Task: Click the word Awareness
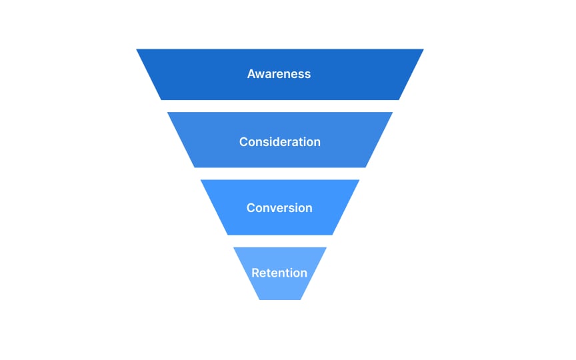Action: [x=279, y=74]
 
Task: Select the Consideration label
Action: [x=279, y=142]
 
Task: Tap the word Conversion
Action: [x=279, y=208]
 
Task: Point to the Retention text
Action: [x=279, y=273]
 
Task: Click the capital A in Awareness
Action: [x=251, y=74]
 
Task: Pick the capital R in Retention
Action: [x=255, y=273]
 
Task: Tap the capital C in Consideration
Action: [x=243, y=142]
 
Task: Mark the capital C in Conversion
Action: [x=251, y=208]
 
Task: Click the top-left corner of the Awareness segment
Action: [x=137, y=49]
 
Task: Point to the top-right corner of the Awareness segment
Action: [x=423, y=49]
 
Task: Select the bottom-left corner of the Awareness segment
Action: [x=161, y=100]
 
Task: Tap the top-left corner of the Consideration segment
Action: [x=167, y=112]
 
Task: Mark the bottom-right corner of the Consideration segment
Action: [x=366, y=167]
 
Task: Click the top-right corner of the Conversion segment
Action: [x=359, y=180]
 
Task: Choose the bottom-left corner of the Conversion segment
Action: [x=227, y=235]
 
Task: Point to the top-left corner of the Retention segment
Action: [x=233, y=247]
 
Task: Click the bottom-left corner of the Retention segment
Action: [x=259, y=299]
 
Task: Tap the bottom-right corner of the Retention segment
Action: [x=301, y=299]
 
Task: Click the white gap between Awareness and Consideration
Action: [x=280, y=106]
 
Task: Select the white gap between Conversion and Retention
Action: [x=280, y=241]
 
